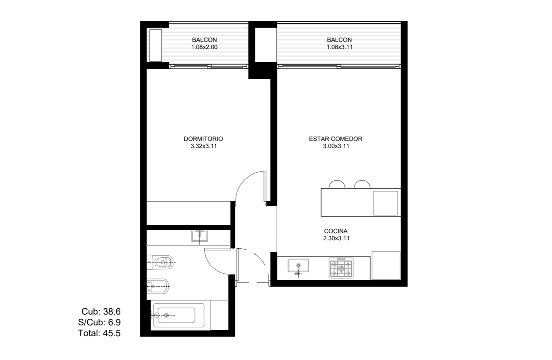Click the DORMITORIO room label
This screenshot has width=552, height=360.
[203, 139]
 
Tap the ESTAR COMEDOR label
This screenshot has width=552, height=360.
[336, 139]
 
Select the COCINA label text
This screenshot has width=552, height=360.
[336, 231]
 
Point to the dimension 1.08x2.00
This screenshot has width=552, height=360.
[204, 47]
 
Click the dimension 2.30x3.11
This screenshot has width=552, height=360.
[336, 238]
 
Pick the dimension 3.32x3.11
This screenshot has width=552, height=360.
[203, 146]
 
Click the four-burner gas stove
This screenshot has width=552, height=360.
[341, 268]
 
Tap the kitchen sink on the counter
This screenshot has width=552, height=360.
[299, 266]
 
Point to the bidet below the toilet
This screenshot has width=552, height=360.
[158, 286]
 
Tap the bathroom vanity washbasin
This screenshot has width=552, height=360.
[199, 236]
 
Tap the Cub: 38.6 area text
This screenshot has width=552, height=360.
[101, 311]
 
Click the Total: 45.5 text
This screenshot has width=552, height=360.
[99, 333]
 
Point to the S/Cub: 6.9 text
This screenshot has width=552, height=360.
[99, 322]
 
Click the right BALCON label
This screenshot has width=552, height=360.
[339, 40]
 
